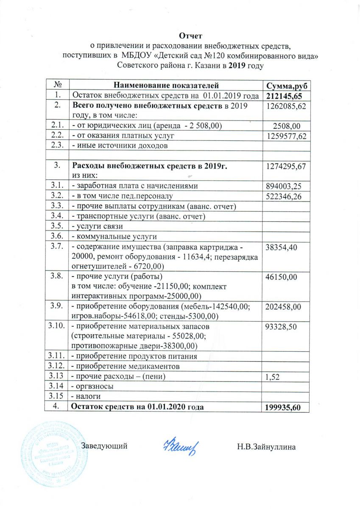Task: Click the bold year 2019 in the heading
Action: tap(240, 65)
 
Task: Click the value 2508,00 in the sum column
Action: tap(287, 125)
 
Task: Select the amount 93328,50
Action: tap(281, 327)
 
